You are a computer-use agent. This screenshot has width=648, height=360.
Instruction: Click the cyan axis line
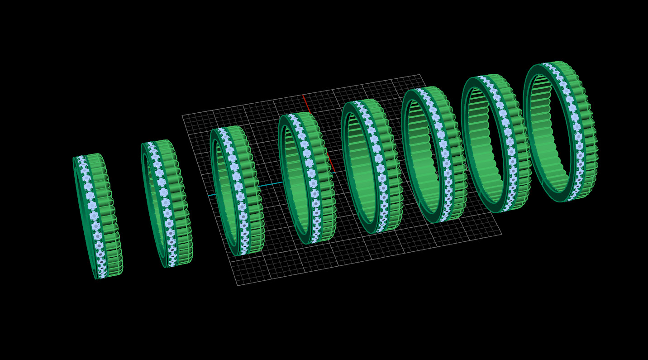point(226,192)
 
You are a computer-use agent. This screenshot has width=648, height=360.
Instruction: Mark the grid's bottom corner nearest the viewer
point(238,285)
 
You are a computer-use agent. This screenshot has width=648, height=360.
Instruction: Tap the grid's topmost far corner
point(420,75)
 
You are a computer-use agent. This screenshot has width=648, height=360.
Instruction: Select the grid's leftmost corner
point(182,116)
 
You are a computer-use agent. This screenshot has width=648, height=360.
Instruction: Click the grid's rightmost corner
point(501,234)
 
